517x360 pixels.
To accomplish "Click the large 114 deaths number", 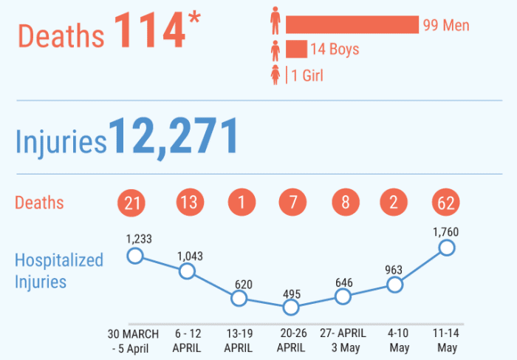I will tap(148, 32).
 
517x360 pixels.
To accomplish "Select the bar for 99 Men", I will tap(352, 24).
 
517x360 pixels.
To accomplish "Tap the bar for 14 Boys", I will tap(296, 50).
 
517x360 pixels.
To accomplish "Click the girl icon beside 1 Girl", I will tap(275, 75).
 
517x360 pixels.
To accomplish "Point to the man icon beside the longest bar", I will tap(275, 21).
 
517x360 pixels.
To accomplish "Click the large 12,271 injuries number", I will tap(174, 137).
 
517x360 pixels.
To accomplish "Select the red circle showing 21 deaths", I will tap(134, 203).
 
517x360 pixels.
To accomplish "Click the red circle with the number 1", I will tap(239, 203).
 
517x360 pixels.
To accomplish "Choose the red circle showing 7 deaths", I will tap(290, 203).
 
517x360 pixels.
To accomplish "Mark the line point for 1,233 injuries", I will tap(134, 256).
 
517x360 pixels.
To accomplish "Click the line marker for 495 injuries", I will tap(290, 307).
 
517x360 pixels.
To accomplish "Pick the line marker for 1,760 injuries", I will tap(447, 248).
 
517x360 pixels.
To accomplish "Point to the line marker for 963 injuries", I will tap(395, 285).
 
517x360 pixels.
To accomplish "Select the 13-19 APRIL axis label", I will tap(239, 341).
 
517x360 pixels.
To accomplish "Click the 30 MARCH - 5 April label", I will tap(134, 341).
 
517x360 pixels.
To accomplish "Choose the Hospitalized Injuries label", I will tap(59, 271).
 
